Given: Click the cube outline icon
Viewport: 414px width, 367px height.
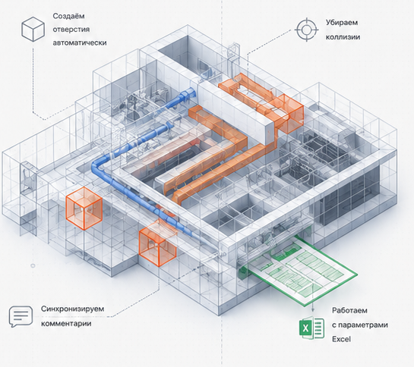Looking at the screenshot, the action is coord(33,29).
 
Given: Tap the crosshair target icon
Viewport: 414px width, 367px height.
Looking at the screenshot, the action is coord(306,30).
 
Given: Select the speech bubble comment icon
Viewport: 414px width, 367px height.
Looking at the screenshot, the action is coord(21,316).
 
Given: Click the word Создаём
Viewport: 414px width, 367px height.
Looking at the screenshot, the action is coord(68,16).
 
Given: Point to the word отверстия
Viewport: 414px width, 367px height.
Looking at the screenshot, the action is coord(71,30).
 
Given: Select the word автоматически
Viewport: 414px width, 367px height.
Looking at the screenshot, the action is coord(80,42).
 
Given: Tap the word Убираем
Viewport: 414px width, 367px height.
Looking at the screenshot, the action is coord(342,23).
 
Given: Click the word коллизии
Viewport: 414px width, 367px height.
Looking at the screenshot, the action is coord(343,37).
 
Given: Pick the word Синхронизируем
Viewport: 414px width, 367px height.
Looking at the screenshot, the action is coord(72,309).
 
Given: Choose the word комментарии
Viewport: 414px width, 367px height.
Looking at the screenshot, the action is coord(66,323).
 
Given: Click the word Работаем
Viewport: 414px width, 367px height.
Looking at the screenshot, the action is coord(349,311).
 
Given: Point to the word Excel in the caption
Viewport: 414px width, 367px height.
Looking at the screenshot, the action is coord(341,339).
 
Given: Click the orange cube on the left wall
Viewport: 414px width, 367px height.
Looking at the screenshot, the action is coord(84,209).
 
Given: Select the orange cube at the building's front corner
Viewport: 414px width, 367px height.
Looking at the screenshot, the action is coord(157,244).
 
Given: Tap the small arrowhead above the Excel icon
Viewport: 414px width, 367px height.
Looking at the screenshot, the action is coord(313,310).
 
